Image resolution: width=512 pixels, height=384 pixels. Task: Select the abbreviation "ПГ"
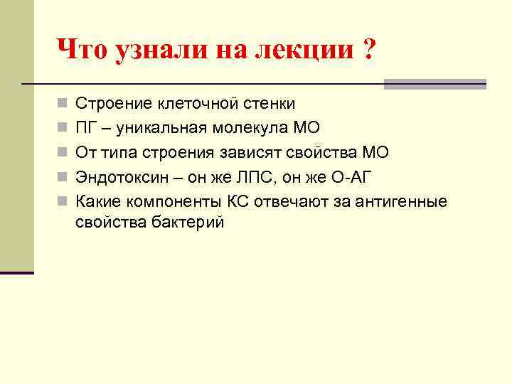(86, 128)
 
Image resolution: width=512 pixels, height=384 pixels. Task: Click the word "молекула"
(252, 128)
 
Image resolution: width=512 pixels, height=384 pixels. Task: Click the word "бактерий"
(188, 223)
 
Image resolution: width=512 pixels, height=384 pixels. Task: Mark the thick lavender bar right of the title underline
(434, 83)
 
